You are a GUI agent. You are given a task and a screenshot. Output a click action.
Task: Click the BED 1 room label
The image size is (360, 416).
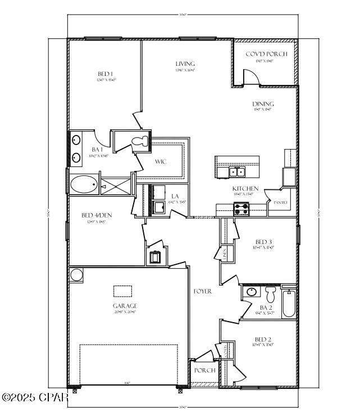pos(106,74)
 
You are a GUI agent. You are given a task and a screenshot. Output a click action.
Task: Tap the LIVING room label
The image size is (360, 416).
pos(185,64)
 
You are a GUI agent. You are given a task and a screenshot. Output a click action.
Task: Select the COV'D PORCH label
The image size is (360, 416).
pos(266,54)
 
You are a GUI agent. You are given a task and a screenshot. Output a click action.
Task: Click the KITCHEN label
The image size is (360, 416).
pos(245,188)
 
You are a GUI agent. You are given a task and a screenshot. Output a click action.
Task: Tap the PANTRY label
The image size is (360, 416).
pos(281,203)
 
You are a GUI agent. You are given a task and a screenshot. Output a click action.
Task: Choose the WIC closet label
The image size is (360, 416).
pos(161,162)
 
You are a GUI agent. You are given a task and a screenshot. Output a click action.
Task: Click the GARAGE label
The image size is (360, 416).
pos(125,306)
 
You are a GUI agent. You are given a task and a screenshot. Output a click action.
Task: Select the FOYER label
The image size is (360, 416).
pos(202,291)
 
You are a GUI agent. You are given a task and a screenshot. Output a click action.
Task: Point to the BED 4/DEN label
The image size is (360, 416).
pos(93,215)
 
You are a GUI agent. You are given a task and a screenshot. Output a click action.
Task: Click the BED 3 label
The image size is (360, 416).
pos(263,242)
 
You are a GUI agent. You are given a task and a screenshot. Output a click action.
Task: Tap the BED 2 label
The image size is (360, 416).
pos(263,339)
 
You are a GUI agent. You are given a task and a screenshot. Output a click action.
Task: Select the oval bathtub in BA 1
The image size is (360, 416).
pos(84,184)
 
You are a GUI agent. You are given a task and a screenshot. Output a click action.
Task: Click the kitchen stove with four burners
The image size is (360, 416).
pos(241,209)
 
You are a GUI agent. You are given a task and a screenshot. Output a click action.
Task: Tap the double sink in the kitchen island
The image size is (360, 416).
pos(236,171)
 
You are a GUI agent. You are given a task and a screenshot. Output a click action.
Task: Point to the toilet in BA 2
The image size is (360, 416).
pos(271,294)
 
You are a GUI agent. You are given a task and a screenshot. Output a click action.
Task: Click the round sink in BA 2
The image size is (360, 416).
pos(251,292)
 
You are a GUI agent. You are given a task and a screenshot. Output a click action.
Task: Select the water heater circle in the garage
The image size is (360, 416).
pos(76,274)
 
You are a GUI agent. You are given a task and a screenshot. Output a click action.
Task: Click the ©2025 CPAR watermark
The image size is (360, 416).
pos(35,397)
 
